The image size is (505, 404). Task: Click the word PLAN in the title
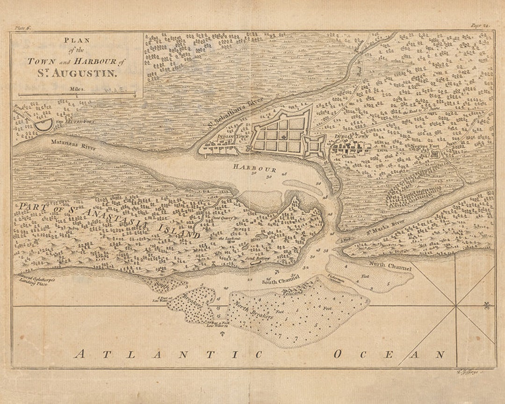pos(77,40)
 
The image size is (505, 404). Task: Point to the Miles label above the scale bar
pos(77,87)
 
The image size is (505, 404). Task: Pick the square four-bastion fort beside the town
pos(314,146)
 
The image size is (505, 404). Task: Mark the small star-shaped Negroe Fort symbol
pos(436,153)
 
